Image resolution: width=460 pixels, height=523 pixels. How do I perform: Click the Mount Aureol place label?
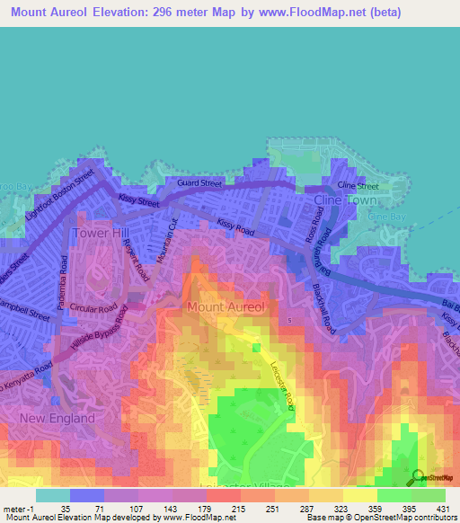coord(226,307)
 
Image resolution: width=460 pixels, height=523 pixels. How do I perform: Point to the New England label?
coord(58,419)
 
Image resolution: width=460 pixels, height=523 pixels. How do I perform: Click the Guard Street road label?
coord(199,183)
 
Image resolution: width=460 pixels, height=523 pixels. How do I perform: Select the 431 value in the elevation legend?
coord(440,508)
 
